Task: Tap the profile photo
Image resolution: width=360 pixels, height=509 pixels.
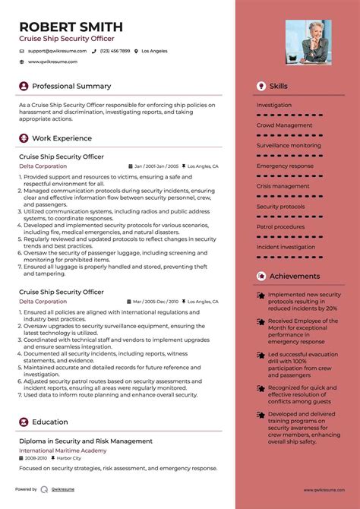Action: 308,42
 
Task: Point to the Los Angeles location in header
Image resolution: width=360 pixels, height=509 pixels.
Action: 154,51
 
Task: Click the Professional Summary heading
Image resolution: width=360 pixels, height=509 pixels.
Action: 71,86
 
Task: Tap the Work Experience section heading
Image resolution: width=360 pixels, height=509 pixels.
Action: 62,138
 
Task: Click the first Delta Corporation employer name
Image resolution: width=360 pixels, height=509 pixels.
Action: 43,166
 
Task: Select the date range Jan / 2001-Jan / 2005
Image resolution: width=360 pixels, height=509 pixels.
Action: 156,166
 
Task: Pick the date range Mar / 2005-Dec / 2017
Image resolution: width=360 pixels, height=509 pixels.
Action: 156,302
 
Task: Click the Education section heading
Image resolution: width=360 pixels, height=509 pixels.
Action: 50,422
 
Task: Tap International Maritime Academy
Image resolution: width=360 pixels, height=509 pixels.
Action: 63,450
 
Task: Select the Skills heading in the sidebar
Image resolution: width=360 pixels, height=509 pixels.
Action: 278,87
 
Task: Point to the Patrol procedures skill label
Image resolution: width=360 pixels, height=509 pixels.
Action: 280,226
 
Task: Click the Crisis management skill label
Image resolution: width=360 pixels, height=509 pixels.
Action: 283,186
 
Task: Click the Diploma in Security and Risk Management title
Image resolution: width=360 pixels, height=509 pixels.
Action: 86,441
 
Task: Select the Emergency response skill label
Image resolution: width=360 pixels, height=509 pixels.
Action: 285,166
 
